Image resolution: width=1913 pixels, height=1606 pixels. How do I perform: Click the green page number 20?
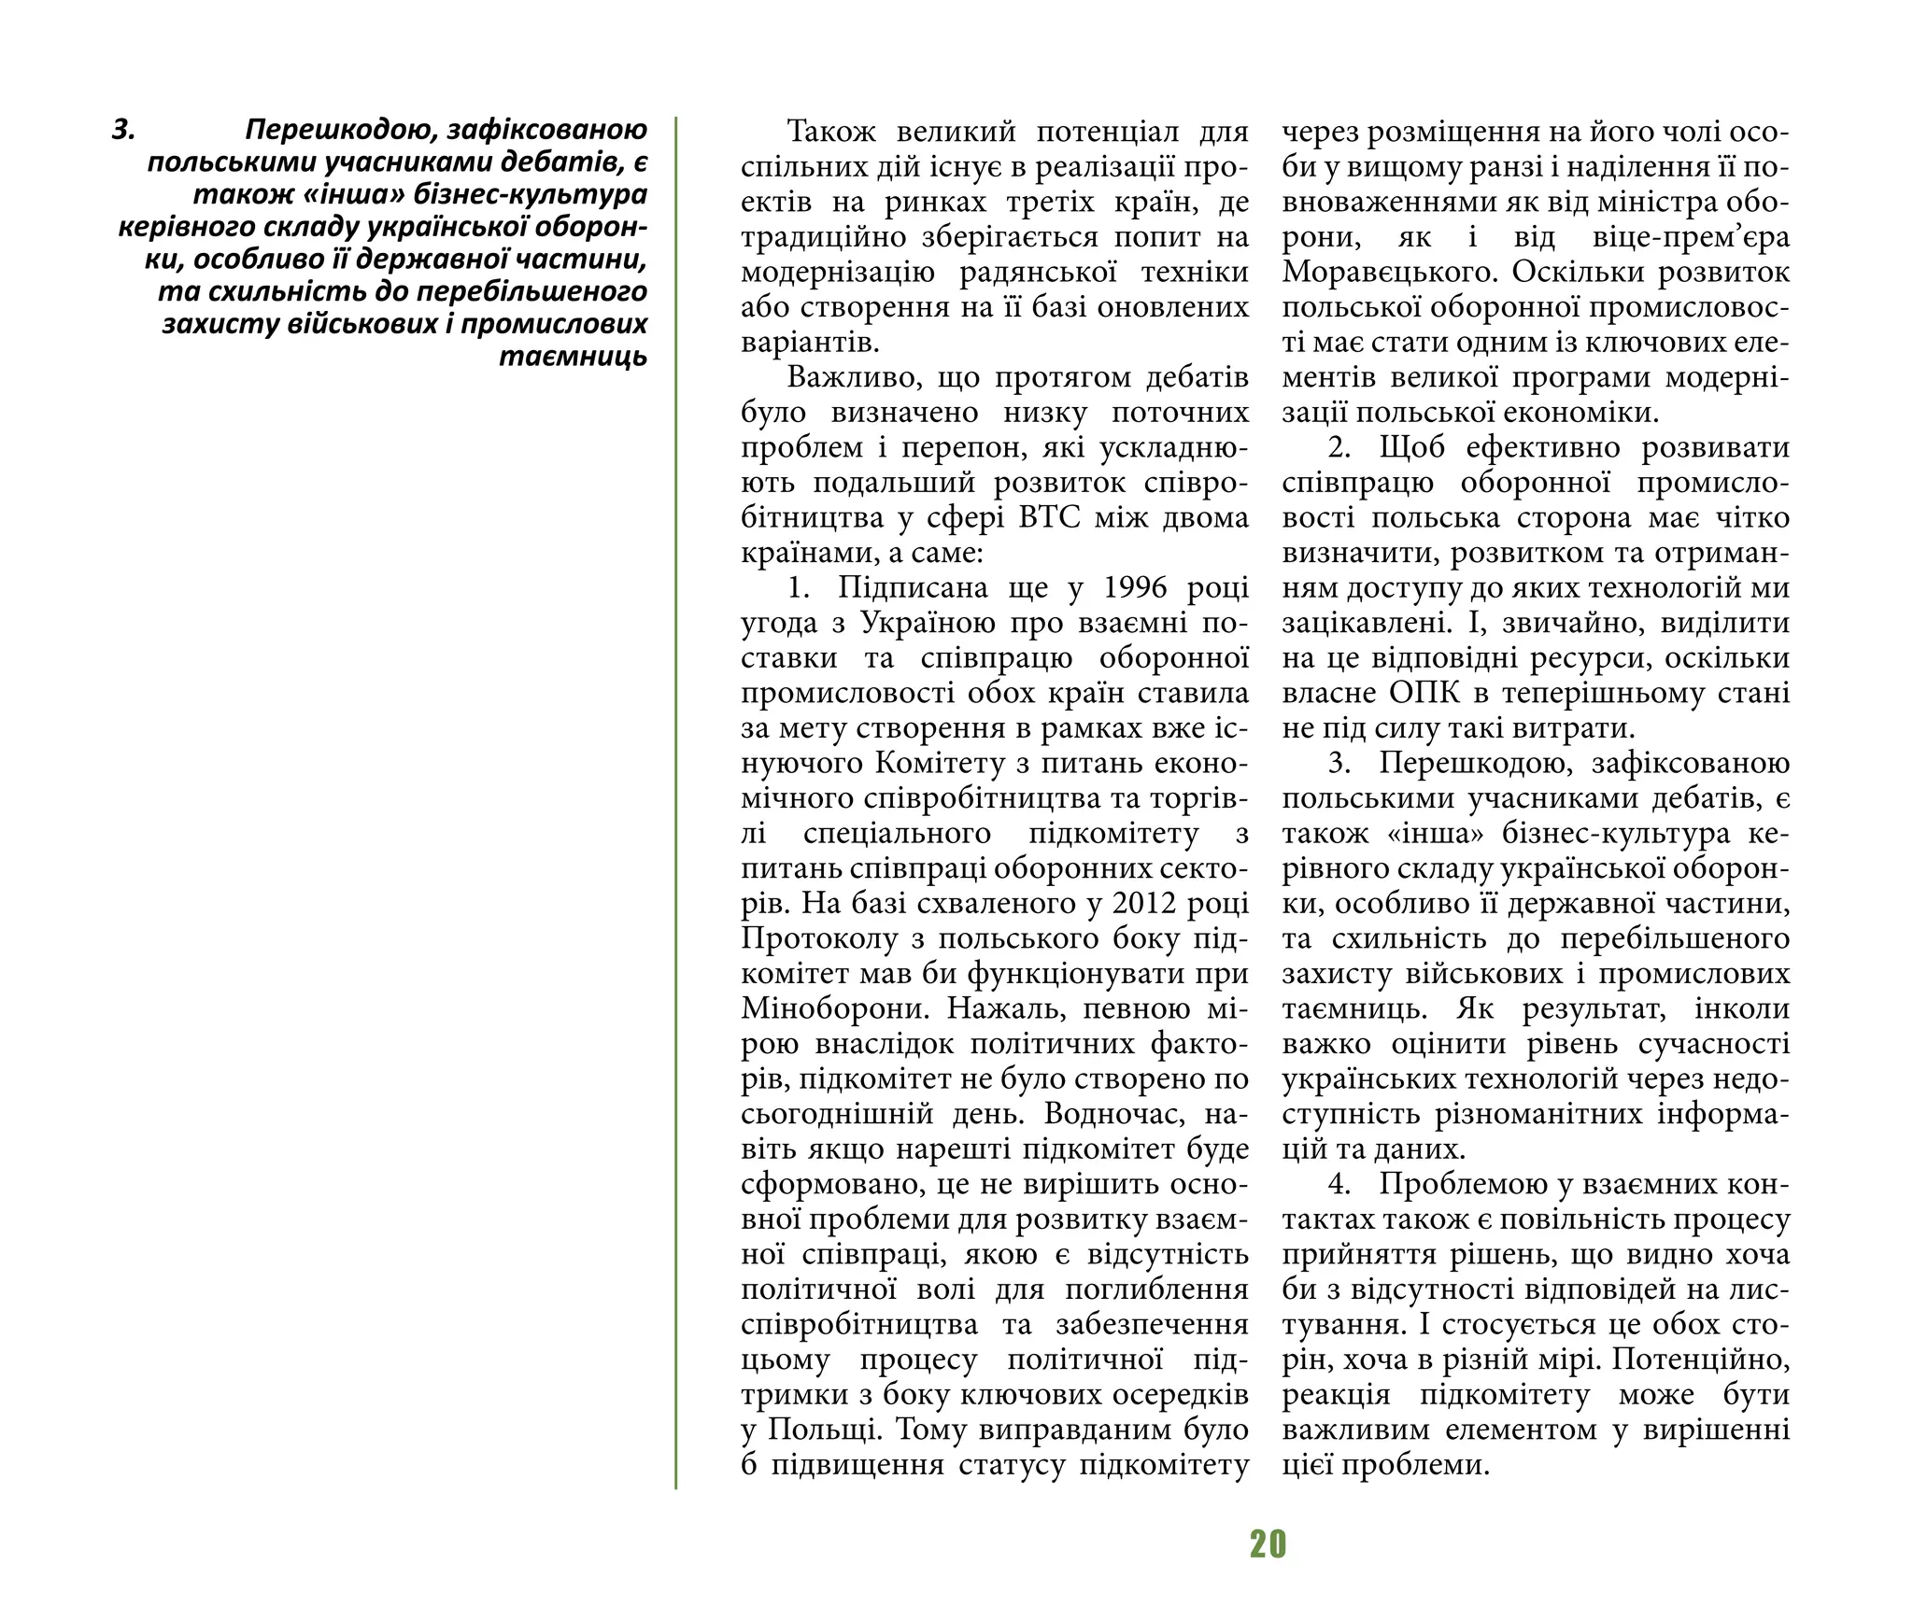point(1268,1544)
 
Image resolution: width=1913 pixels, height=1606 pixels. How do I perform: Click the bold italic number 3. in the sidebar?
point(124,130)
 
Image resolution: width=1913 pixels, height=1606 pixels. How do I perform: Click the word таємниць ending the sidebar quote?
point(573,358)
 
